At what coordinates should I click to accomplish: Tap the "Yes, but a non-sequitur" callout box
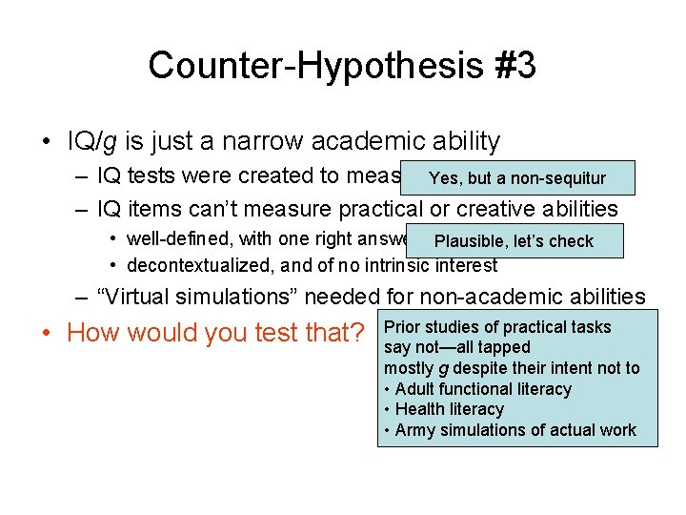pyautogui.click(x=517, y=178)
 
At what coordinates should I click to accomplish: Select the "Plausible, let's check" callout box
pyautogui.click(x=513, y=241)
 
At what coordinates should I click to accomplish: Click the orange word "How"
pyautogui.click(x=93, y=333)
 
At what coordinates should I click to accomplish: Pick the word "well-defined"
pyautogui.click(x=174, y=238)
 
